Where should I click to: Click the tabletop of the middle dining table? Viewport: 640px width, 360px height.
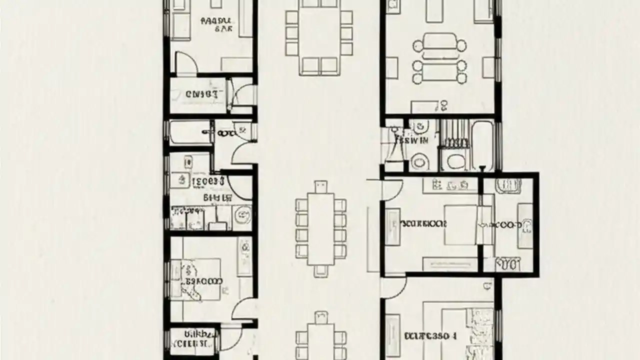[x=320, y=229]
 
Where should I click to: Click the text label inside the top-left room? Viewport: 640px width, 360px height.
[x=216, y=25]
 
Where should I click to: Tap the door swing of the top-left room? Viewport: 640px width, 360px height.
[x=186, y=63]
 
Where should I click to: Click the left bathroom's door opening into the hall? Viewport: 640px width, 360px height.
[x=245, y=153]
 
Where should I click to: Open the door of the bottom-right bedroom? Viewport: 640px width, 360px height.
[x=393, y=287]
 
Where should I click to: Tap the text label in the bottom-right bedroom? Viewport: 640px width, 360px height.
[x=429, y=336]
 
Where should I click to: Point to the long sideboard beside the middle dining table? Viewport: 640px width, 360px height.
[x=372, y=240]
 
